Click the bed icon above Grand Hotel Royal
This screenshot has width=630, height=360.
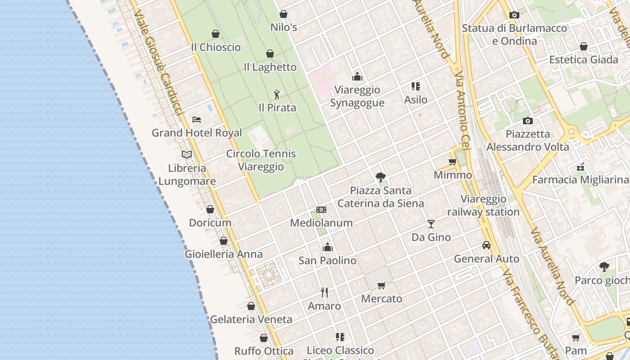coord(197,120)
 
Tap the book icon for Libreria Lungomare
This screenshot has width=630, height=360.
coord(187,155)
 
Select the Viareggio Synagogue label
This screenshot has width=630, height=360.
coord(357,96)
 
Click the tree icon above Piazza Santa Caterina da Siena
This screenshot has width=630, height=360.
coord(381,177)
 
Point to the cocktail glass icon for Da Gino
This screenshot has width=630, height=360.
coord(431,224)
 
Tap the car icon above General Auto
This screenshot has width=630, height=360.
coord(486,245)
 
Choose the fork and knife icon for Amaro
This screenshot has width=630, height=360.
coord(324,292)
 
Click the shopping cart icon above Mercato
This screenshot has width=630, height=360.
coord(382,285)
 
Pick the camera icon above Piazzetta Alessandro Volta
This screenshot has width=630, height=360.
coord(528,121)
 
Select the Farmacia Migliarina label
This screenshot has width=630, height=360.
coord(580,180)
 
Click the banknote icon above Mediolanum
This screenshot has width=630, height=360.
coord(321,210)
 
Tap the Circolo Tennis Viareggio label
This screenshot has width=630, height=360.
coord(261,160)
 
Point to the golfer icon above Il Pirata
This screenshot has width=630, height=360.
coord(277,94)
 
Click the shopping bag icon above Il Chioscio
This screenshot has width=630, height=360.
coord(216,34)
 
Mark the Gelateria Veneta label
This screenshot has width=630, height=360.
coord(251,319)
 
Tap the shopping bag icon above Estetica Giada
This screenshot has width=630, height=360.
coord(584,46)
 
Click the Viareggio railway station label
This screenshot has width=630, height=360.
coord(483,205)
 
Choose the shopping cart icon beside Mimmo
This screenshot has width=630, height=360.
coord(453,162)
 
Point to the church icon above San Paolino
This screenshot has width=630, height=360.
coord(328,247)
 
